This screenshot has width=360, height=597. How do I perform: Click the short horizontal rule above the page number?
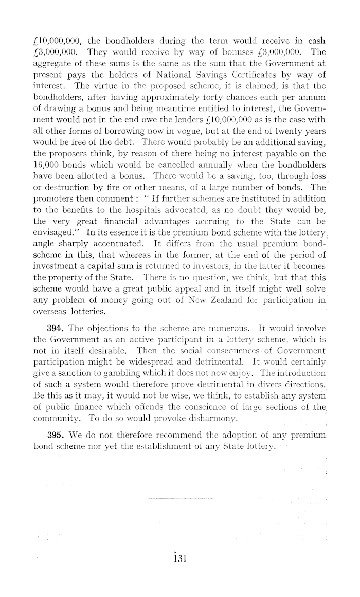180,498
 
